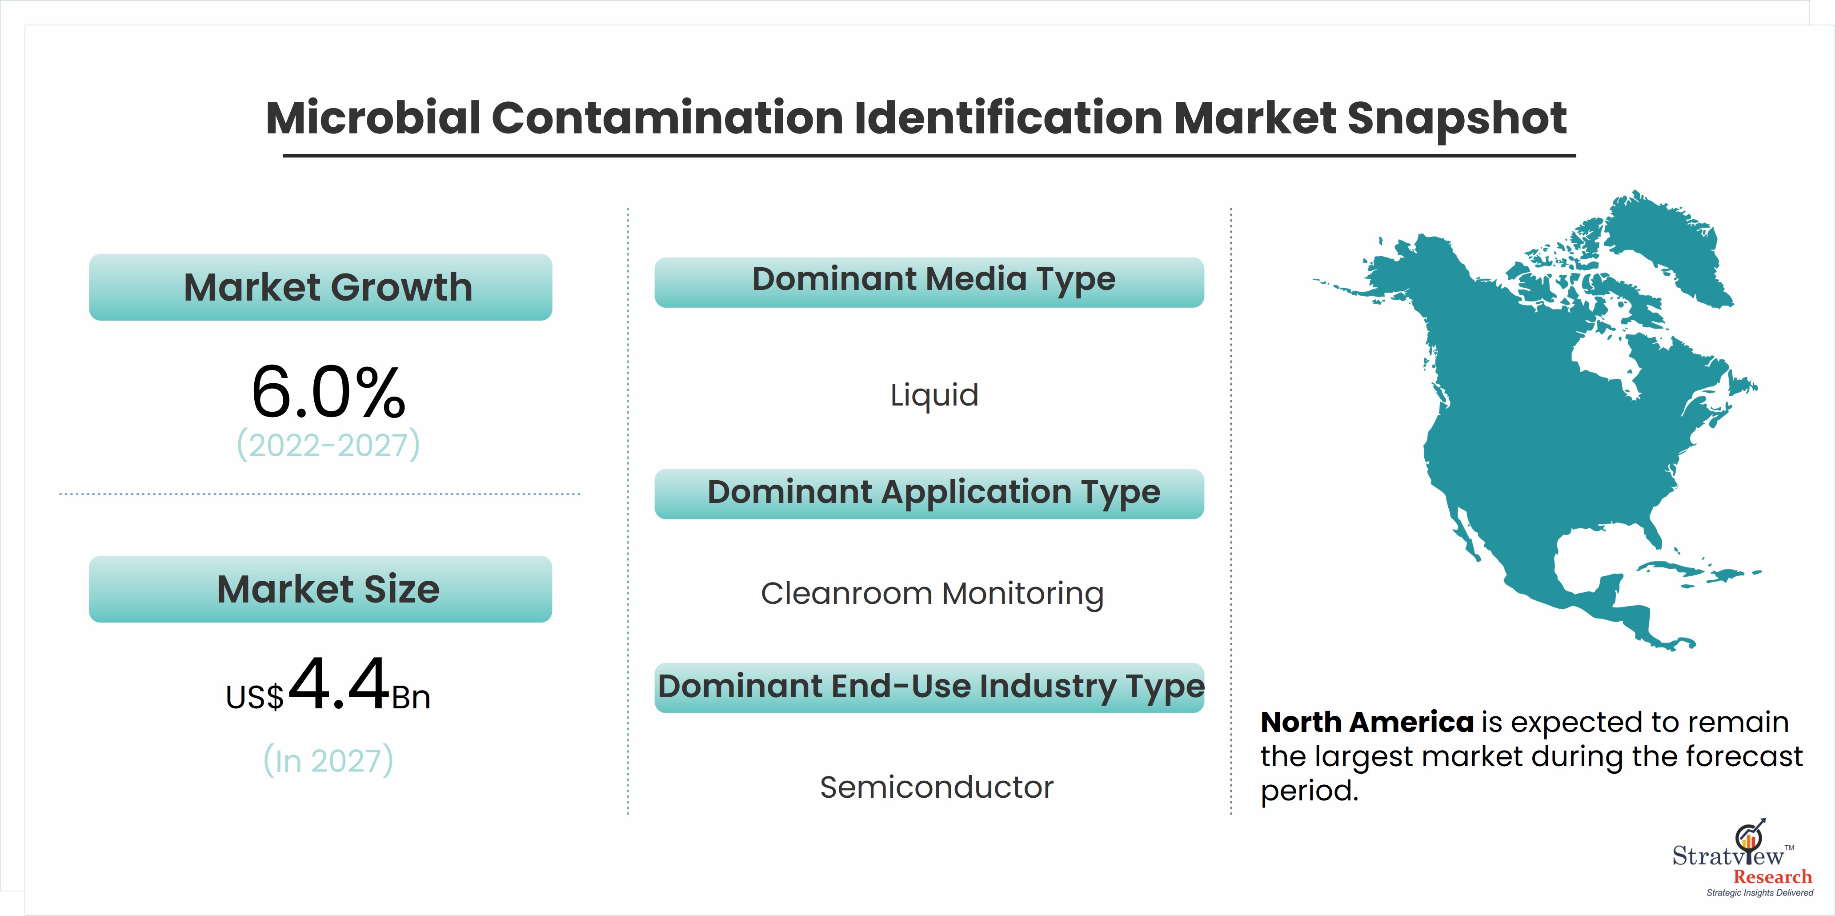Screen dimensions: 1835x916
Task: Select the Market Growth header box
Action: (321, 287)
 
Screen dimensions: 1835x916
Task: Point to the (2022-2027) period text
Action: (329, 445)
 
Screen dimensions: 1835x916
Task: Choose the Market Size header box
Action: (321, 589)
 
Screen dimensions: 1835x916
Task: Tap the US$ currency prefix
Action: (254, 697)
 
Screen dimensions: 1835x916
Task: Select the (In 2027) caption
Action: (329, 761)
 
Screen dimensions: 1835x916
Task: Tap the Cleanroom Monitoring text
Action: (933, 594)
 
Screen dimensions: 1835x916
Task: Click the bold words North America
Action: (1367, 722)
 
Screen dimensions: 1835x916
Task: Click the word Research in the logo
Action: (1772, 877)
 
